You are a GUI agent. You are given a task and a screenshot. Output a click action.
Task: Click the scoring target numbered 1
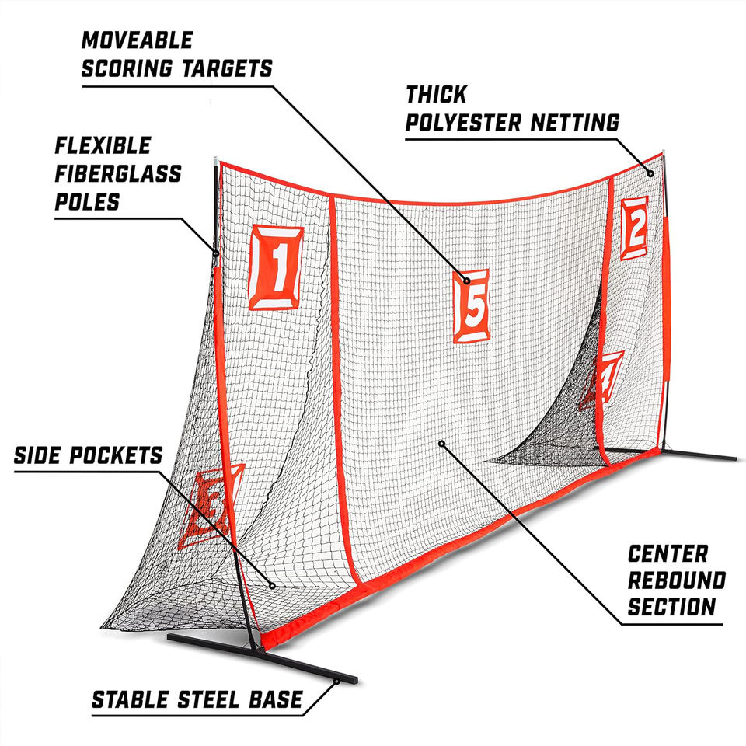275,267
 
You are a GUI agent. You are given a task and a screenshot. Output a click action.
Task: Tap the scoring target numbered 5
472,306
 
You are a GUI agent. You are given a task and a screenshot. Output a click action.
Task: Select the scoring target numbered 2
634,228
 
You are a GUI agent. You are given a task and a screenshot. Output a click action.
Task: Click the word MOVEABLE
137,40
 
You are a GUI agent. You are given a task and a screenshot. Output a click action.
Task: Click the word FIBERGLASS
117,173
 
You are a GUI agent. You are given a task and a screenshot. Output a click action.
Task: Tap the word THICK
436,95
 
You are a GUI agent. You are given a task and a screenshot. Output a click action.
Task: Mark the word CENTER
668,553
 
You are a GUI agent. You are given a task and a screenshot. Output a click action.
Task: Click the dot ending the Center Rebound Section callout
441,444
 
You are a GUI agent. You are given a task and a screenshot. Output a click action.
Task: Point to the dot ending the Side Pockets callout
273,586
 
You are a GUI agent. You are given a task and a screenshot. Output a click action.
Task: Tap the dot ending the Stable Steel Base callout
336,682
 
